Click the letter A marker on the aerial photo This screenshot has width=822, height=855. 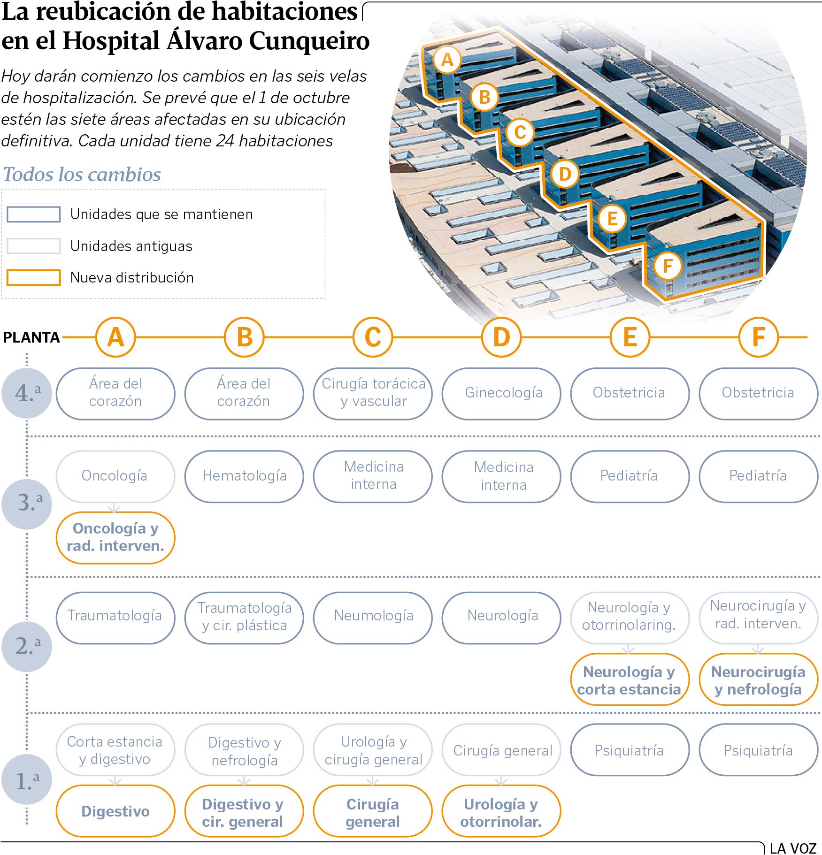coord(447,60)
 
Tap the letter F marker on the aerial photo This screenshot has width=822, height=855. coord(668,266)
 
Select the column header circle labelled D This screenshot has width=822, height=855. coord(501,337)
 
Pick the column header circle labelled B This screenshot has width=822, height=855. coord(244,337)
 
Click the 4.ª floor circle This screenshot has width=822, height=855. coord(26,393)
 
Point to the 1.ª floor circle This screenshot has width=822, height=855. coord(26,780)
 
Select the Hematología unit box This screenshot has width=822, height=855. coord(244,476)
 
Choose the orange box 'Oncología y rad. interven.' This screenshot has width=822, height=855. coord(115,537)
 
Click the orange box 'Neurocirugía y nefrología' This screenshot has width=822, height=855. coord(758,680)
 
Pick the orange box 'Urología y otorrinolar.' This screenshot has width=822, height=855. coord(501,812)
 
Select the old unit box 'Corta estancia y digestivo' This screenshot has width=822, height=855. coord(115,750)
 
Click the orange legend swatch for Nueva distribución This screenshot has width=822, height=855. coord(33,277)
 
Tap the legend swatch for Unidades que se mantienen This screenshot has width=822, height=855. coord(33,214)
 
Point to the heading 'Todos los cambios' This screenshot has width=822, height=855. coord(82,175)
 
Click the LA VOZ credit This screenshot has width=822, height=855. coord(793,848)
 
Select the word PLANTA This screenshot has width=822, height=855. coord(31,337)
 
